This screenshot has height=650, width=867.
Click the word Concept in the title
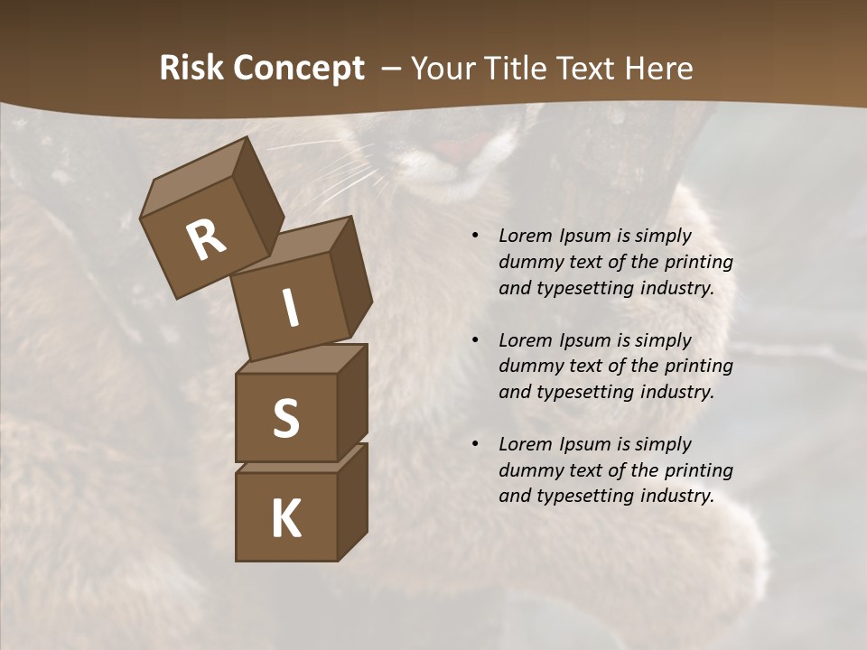(299, 69)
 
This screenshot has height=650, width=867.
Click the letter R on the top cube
(206, 240)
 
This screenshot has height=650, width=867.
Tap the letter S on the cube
(285, 418)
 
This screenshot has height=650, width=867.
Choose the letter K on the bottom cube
(285, 519)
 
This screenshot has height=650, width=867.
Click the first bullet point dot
(475, 237)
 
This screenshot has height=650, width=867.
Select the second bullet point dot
(475, 340)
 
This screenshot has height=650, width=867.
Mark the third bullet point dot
(475, 444)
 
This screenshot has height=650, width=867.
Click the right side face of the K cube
(352, 502)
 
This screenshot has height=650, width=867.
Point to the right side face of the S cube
(352, 402)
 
